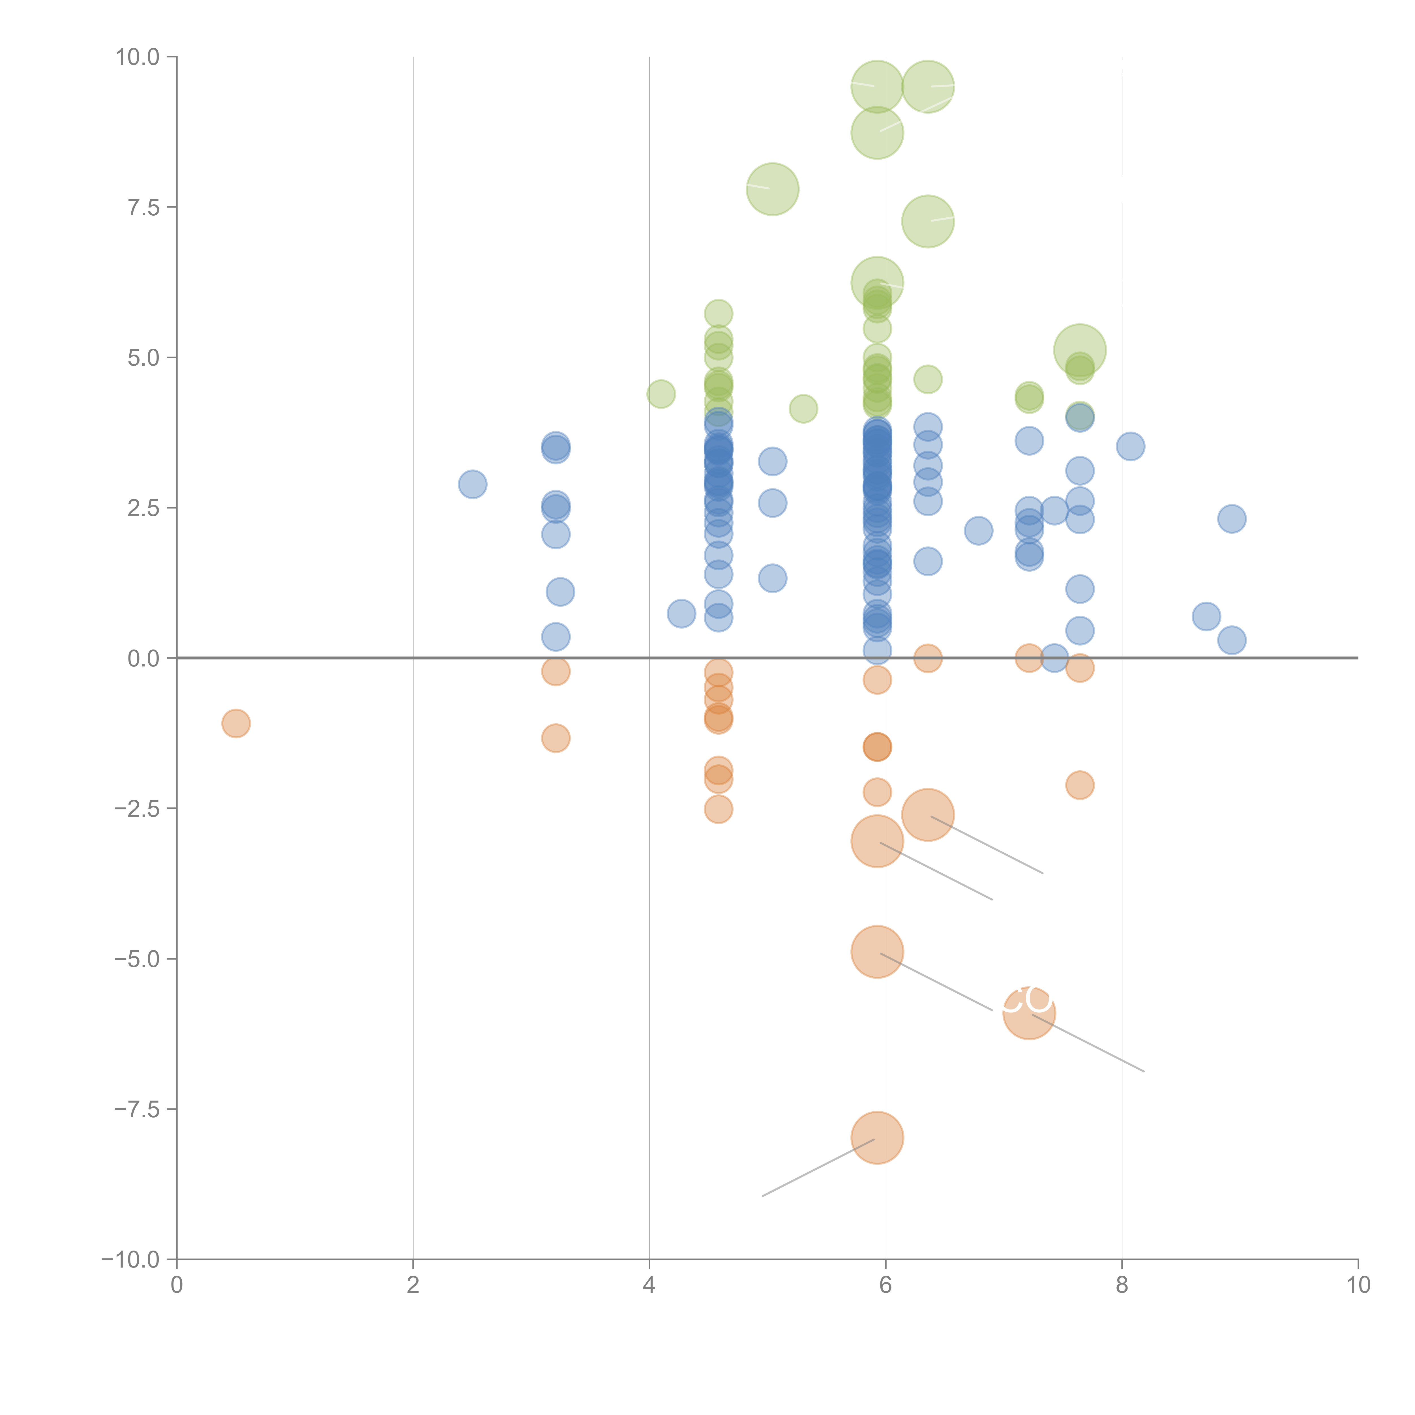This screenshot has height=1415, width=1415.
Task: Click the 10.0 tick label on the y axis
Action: [138, 57]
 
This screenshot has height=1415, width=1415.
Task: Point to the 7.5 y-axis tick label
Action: [143, 207]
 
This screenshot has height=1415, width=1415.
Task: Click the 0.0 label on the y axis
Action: [143, 659]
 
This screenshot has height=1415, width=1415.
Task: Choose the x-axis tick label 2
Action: [413, 1285]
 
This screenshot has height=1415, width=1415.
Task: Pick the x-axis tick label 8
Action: [1122, 1285]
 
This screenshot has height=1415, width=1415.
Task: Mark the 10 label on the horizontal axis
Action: [1358, 1285]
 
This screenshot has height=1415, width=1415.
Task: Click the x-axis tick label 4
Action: [649, 1285]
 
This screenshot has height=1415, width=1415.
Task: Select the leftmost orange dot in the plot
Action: [236, 724]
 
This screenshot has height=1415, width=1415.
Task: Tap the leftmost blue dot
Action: [472, 484]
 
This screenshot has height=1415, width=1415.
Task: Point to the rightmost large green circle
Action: [1080, 350]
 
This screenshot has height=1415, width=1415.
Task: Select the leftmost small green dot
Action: [661, 394]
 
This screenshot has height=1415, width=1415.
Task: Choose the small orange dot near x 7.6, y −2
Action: [1080, 785]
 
